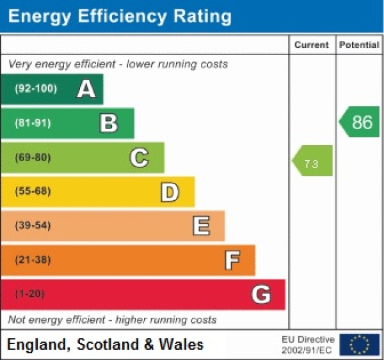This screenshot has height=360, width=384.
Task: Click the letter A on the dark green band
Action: pyautogui.click(x=86, y=89)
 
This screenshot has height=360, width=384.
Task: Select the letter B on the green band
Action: pyautogui.click(x=109, y=123)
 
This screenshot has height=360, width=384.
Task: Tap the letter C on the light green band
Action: pyautogui.click(x=140, y=157)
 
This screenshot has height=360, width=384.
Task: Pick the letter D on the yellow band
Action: pyautogui.click(x=170, y=191)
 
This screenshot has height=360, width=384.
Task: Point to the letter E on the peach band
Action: pyautogui.click(x=201, y=226)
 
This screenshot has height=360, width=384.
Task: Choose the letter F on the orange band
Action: pyautogui.click(x=232, y=260)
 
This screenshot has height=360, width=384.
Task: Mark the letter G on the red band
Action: pyautogui.click(x=261, y=294)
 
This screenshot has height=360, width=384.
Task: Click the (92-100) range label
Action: pyautogui.click(x=35, y=89)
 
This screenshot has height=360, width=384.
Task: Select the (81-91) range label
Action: pyautogui.click(x=33, y=123)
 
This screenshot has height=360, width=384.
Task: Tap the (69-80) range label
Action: pyautogui.click(x=33, y=157)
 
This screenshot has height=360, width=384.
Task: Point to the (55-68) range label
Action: pyautogui.click(x=33, y=191)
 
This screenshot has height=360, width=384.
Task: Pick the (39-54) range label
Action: pyautogui.click(x=33, y=226)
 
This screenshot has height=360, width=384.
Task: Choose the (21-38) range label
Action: pyautogui.click(x=33, y=260)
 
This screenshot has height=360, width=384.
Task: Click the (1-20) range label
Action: pyautogui.click(x=30, y=294)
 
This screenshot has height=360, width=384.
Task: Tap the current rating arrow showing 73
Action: pyautogui.click(x=312, y=160)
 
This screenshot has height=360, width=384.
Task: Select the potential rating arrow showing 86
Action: pyautogui.click(x=359, y=122)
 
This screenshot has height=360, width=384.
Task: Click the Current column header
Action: pyautogui.click(x=312, y=45)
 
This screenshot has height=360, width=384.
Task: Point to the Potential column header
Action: pyautogui.click(x=359, y=45)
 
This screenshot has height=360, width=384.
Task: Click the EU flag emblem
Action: pyautogui.click(x=359, y=344)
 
